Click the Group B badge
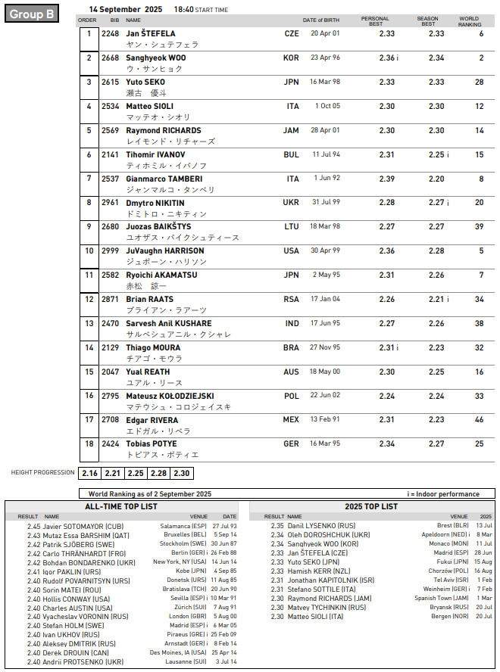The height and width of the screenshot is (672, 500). coord(31,14)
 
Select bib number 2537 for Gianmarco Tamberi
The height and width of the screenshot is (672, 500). coord(111,179)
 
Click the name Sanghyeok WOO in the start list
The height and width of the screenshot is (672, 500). coord(156,58)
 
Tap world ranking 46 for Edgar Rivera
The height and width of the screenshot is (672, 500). coord(480,419)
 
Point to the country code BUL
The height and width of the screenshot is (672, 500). coord(291,154)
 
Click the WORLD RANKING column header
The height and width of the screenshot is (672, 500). coord(469,21)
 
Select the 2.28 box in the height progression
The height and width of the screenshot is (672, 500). coord(158,473)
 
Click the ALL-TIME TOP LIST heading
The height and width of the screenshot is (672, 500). coord(121,506)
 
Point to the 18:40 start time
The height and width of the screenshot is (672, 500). coord(186,9)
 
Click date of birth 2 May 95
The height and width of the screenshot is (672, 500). coord(327,275)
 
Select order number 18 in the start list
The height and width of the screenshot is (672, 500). coord(89,443)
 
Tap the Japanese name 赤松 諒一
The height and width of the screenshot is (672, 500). coord(146,287)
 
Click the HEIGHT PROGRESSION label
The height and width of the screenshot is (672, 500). coord(42,473)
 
